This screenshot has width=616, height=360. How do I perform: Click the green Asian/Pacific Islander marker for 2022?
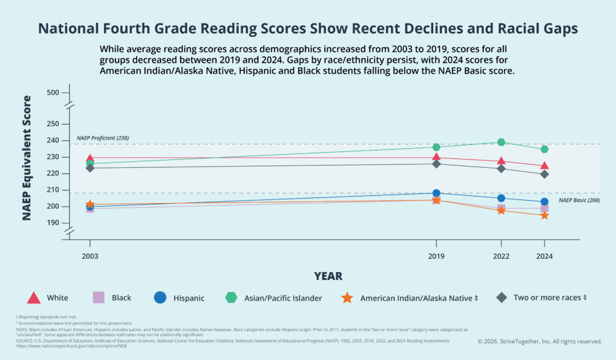click(501, 142)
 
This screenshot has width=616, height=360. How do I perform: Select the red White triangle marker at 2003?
click(90, 158)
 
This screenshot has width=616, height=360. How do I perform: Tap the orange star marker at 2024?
click(544, 215)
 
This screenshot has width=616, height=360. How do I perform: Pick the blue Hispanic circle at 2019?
click(436, 193)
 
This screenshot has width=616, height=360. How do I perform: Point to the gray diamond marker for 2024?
click(544, 174)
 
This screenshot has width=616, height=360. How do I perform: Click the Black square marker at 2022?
click(501, 208)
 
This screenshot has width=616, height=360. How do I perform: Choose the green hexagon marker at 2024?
click(544, 149)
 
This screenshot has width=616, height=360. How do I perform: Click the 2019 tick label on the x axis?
click(436, 256)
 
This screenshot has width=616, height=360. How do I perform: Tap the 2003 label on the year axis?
click(90, 256)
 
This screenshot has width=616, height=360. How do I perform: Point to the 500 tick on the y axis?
click(53, 93)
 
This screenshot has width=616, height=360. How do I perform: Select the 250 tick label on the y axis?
click(53, 124)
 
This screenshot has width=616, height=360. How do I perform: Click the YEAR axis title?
click(328, 276)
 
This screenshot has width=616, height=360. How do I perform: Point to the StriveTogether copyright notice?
click(540, 341)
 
